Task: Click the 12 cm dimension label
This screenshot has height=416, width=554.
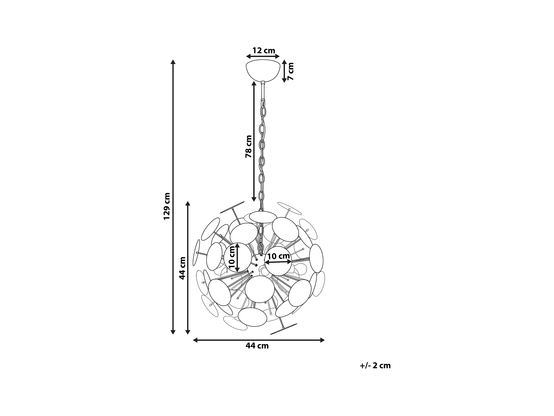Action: pos(264,51)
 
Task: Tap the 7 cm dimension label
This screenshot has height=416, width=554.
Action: pos(291,71)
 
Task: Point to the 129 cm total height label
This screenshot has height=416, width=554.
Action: pos(167,206)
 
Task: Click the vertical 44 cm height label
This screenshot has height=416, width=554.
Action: pos(182,268)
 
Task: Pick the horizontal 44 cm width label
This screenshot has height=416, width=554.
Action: pos(257,346)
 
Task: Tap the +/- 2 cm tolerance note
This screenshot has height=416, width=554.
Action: pos(375,366)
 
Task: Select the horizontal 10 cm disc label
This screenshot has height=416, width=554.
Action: pos(278,256)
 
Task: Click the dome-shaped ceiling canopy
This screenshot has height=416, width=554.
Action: pos(263,71)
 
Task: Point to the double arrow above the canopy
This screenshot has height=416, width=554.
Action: pos(263,56)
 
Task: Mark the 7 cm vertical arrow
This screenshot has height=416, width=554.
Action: pos(284,71)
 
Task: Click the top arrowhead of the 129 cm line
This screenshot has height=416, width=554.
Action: pos(173,62)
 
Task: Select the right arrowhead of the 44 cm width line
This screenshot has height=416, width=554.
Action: pos(323,340)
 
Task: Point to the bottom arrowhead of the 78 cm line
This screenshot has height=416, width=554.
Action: pos(254,199)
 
